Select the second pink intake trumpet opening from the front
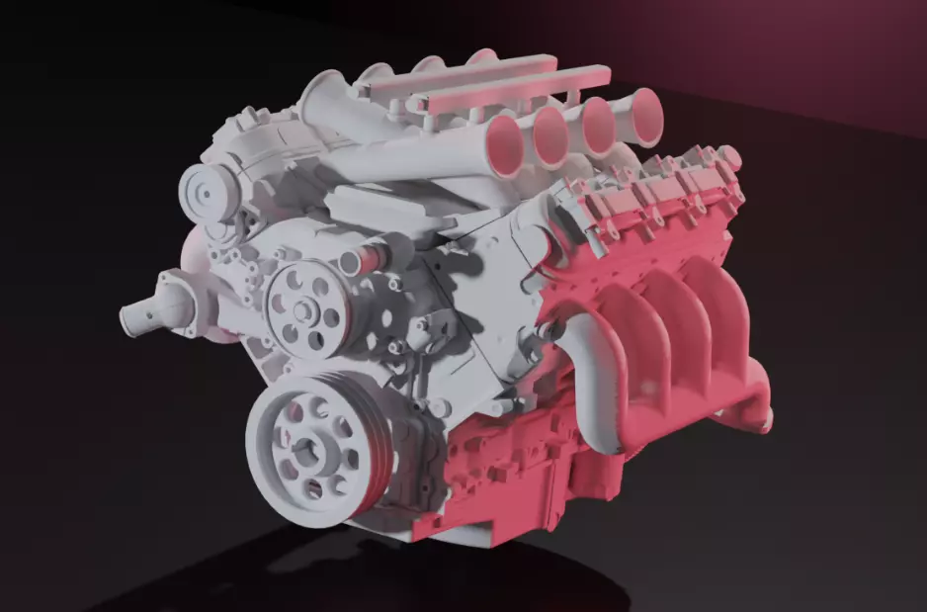[x=553, y=130]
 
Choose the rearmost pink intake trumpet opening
[x=643, y=111]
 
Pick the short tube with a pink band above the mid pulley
[x=359, y=260]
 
